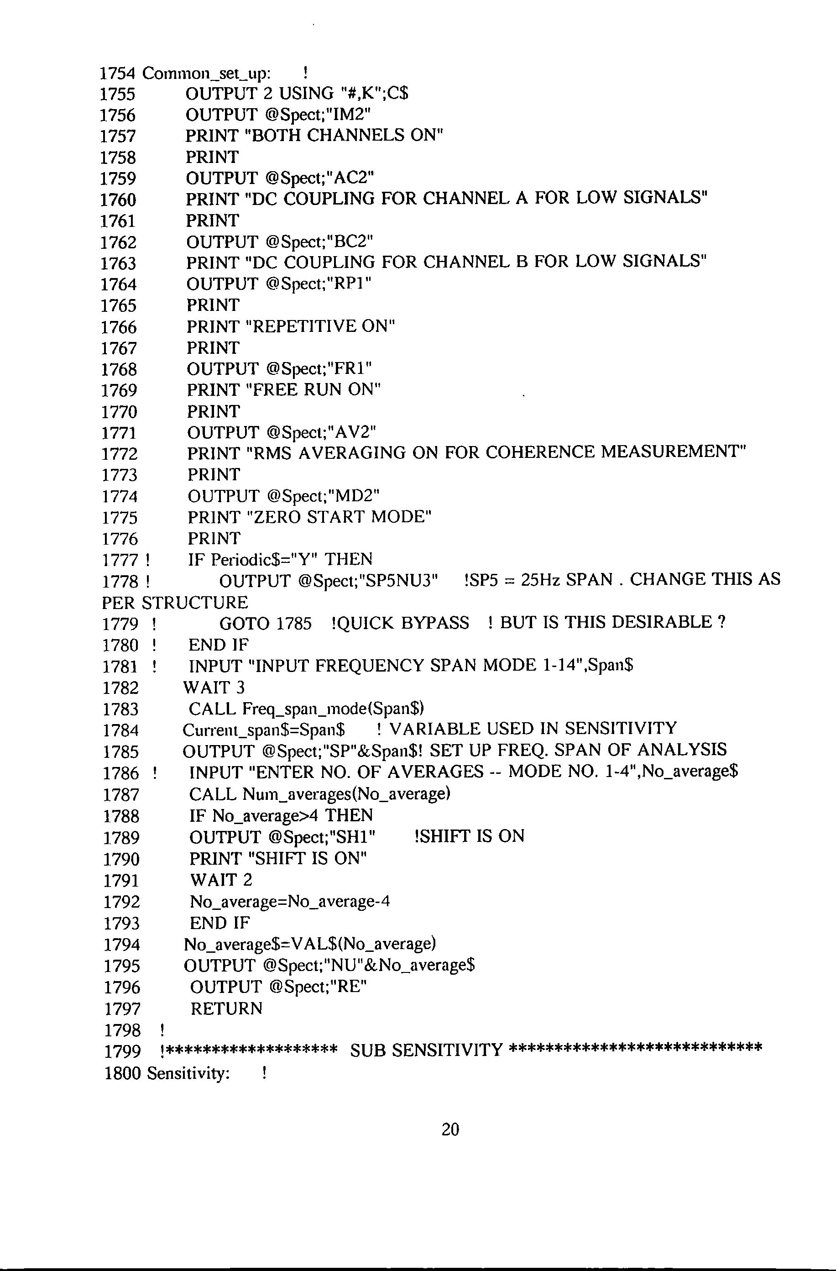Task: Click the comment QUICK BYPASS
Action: point(400,623)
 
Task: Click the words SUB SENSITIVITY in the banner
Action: point(427,1050)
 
